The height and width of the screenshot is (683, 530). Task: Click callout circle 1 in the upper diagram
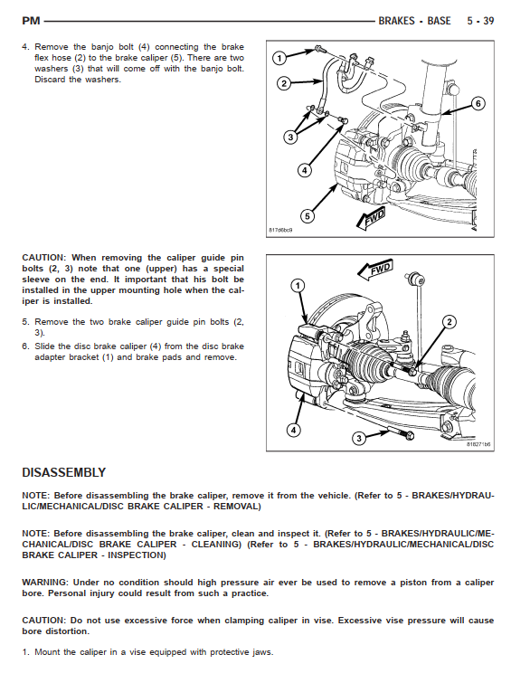coord(279,58)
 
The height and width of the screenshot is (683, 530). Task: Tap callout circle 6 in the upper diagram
coord(478,103)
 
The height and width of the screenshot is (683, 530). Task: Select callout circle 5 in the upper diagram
coord(308,216)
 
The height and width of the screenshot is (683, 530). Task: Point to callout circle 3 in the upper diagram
coord(290,138)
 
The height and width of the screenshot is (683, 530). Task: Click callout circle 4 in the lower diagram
coord(294,431)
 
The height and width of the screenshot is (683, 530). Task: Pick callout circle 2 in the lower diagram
coord(450,322)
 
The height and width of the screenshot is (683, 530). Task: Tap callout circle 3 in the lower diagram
coord(359,438)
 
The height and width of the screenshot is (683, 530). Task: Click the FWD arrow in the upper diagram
coord(372,218)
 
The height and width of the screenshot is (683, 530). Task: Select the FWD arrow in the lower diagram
coord(375,270)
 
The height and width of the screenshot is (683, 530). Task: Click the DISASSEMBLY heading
coord(64,472)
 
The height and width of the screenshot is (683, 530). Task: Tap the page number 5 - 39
coord(480,21)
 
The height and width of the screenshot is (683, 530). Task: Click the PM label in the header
coord(31,21)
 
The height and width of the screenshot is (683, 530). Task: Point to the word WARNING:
coord(45,583)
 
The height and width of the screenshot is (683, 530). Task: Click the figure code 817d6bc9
coord(280,230)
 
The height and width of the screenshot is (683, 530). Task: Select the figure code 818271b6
coord(478,444)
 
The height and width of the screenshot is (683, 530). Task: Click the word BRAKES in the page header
coord(397,21)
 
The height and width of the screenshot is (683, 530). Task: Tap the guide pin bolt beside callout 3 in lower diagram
coord(402,434)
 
